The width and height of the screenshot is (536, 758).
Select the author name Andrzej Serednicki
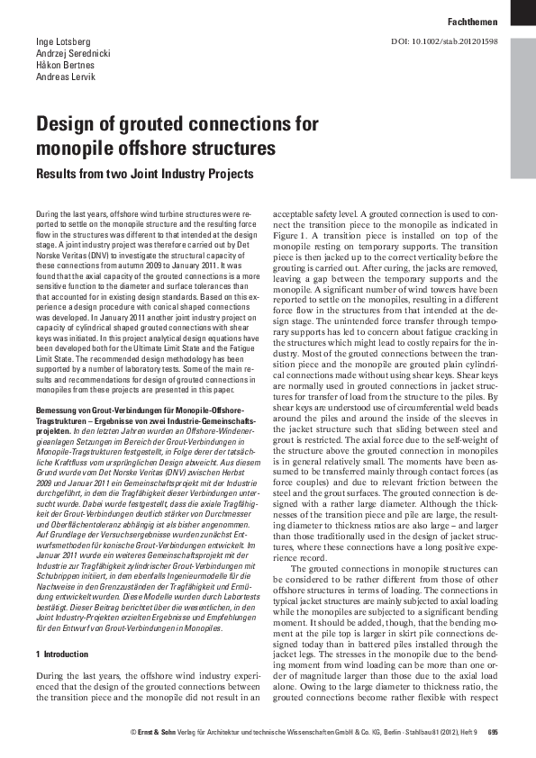click(x=73, y=54)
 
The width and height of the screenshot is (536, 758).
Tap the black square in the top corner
click(x=522, y=12)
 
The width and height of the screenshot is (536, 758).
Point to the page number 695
click(x=492, y=732)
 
